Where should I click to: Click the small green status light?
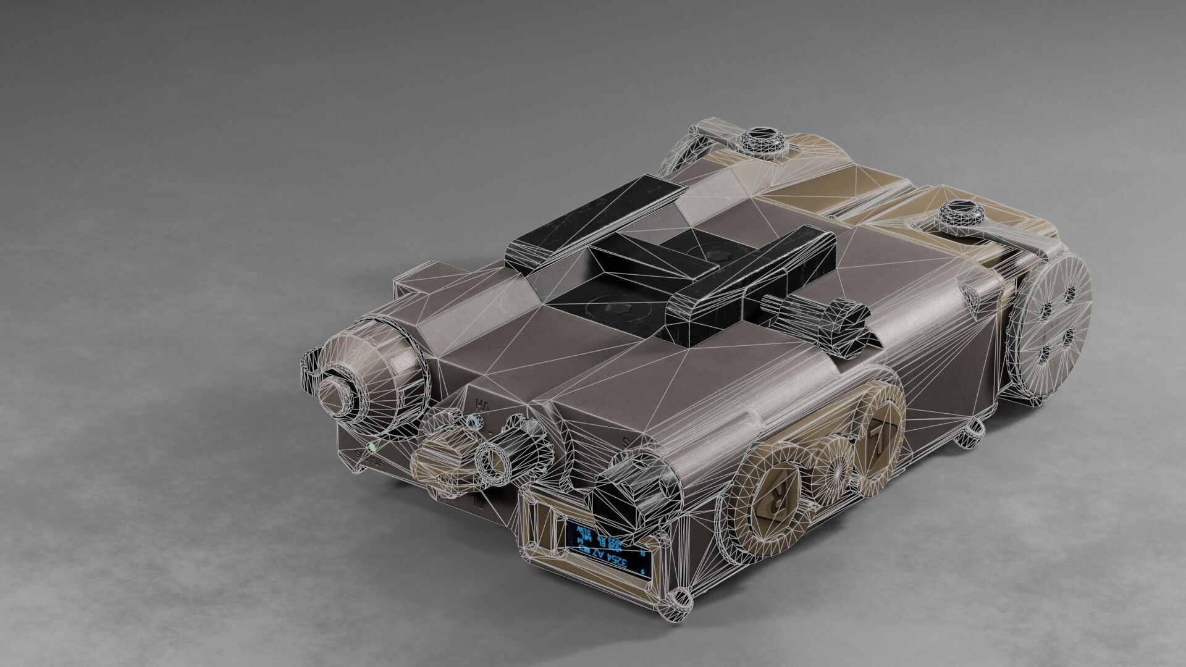(372, 446)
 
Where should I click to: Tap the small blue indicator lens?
(473, 422)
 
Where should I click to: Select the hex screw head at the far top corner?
(763, 141)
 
